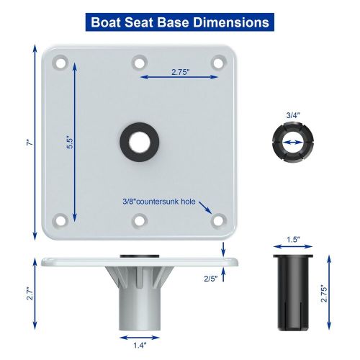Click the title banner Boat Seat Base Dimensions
180,22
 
